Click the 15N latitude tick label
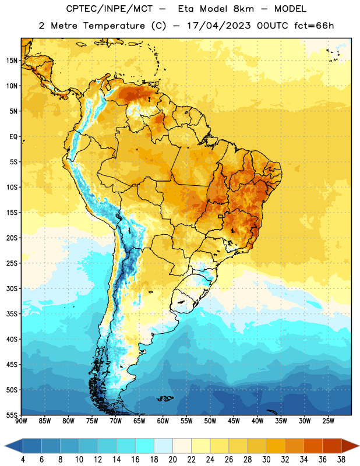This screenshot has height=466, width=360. (11, 61)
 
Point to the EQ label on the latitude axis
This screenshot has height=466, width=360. (13, 137)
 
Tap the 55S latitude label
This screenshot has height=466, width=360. (11, 415)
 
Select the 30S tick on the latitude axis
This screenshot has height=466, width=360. (11, 288)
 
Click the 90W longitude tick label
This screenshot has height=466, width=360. (22, 421)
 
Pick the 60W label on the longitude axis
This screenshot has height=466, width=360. (163, 421)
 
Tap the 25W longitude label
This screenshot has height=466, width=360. (328, 421)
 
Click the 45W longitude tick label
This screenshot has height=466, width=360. (234, 421)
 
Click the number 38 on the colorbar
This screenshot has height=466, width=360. (341, 460)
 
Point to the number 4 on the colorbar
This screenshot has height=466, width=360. (23, 460)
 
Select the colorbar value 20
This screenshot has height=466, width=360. (172, 460)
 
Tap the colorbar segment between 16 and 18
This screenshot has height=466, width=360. (145, 446)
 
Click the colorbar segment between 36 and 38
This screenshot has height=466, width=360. (332, 446)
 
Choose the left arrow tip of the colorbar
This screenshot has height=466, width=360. (5, 446)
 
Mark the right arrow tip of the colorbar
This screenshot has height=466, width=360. (359, 446)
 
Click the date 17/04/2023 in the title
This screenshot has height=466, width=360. (219, 26)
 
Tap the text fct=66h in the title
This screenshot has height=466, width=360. (314, 26)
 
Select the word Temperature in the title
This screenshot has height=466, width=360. (114, 26)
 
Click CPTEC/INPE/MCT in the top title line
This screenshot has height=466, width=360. (110, 9)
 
